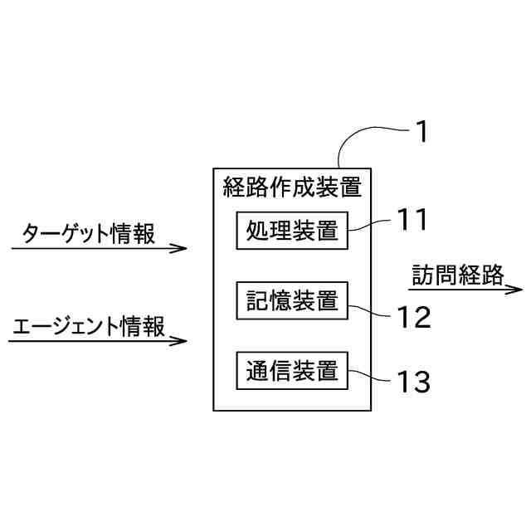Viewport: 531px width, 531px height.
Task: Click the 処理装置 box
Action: point(292,231)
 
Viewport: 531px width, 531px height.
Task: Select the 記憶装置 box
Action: point(292,301)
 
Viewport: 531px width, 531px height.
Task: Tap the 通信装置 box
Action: point(292,370)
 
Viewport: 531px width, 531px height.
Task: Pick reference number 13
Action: point(412,382)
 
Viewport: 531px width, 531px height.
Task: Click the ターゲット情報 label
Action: point(88,233)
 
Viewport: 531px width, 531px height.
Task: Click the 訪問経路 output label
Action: point(458,275)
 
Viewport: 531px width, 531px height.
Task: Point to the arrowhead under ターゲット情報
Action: point(179,248)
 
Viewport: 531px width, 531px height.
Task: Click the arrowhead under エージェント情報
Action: point(179,340)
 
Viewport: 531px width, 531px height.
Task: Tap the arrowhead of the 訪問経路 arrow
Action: point(515,290)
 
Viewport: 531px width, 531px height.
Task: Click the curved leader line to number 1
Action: point(365,133)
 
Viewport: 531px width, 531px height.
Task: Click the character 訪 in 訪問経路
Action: point(423,275)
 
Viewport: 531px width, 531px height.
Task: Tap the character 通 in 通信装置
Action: point(256,370)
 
